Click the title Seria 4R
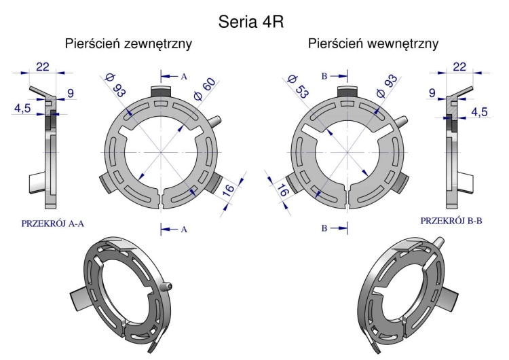(x=251, y=22)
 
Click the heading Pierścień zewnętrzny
(x=128, y=43)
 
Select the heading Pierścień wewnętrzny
(x=373, y=43)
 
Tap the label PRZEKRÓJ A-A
(x=52, y=223)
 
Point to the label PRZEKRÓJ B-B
(x=451, y=221)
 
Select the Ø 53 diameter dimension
(x=298, y=86)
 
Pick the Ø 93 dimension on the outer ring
(x=115, y=86)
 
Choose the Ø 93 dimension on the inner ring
(x=387, y=86)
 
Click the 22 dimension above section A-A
(x=43, y=67)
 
